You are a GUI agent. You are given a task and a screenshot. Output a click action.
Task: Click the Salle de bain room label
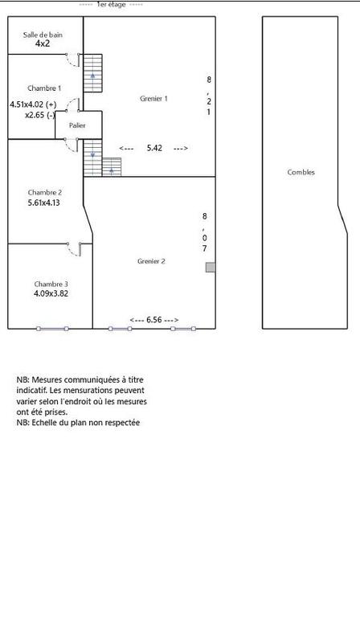tap(43, 35)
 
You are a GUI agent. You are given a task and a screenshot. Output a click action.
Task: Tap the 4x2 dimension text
tap(43, 44)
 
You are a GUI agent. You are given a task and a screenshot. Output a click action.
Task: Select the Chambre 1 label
tap(43, 88)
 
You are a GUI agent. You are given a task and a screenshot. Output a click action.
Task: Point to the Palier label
tap(77, 125)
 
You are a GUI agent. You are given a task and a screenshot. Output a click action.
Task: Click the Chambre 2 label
tap(44, 192)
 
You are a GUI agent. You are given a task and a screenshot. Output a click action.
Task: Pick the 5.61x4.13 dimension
tap(44, 203)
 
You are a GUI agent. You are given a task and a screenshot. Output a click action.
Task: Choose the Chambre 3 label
tap(51, 284)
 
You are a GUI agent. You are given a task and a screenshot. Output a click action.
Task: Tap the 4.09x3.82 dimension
tap(51, 294)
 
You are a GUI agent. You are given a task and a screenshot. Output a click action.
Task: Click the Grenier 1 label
tap(153, 99)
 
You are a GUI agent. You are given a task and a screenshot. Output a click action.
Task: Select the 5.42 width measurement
tap(153, 149)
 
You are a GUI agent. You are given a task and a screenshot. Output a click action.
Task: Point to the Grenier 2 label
tap(151, 261)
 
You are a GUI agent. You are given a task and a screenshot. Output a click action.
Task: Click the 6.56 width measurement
tap(153, 320)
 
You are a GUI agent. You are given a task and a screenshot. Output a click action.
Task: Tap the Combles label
tap(301, 172)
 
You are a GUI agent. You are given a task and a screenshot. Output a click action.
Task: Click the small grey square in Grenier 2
tap(211, 267)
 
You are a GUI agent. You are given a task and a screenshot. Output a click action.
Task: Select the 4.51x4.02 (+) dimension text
tap(33, 104)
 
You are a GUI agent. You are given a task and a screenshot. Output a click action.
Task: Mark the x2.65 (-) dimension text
tap(40, 115)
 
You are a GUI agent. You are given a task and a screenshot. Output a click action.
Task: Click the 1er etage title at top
tap(112, 4)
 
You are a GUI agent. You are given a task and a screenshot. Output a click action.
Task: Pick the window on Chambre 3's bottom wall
tap(52, 328)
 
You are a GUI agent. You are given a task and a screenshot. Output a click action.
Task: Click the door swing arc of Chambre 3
tap(74, 251)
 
